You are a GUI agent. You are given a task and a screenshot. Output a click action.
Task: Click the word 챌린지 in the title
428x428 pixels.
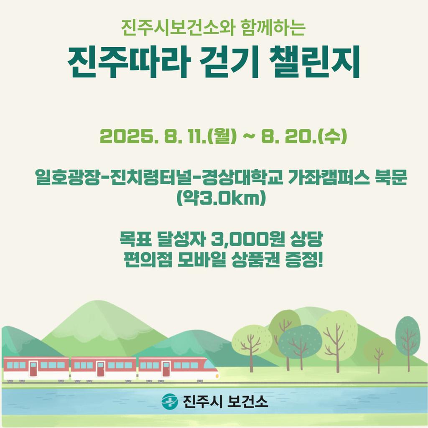[x=315, y=62]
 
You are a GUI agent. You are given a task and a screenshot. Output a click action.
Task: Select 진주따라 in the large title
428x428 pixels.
[x=128, y=62]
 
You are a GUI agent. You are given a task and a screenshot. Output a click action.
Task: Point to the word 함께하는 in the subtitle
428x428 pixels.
[x=273, y=27]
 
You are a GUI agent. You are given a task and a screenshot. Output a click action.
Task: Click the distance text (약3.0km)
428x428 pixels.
[x=221, y=198]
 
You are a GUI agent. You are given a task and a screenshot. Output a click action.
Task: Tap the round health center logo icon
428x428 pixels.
[x=170, y=401]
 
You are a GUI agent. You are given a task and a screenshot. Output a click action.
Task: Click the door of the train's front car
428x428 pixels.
[x=166, y=369]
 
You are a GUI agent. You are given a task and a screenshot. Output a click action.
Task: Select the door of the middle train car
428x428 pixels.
[x=100, y=369]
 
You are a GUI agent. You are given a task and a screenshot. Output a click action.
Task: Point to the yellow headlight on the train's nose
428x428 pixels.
[x=217, y=376]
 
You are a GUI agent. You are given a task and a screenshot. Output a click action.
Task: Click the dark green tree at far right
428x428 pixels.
[x=408, y=337]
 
